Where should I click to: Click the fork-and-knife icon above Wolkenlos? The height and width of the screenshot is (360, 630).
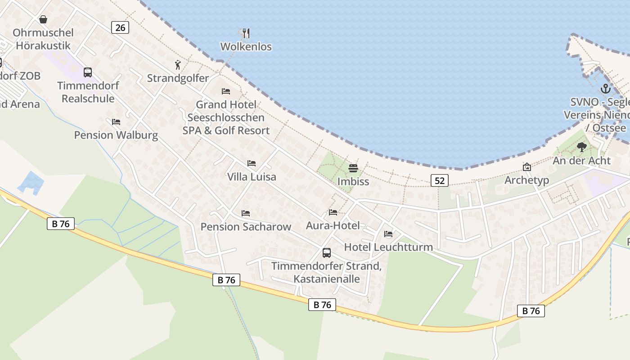point(246,33)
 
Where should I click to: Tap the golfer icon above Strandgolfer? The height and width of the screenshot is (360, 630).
point(178,65)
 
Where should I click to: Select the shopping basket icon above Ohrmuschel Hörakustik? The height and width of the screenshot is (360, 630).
point(43,19)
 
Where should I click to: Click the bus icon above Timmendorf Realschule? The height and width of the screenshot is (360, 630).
point(88,72)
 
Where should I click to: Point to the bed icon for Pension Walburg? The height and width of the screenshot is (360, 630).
point(116,121)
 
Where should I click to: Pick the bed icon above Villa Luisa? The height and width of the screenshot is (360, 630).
point(252,163)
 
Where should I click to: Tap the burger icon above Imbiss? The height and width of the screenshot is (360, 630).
point(353,168)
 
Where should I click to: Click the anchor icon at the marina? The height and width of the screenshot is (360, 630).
point(605,89)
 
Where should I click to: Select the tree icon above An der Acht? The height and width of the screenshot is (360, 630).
point(582,147)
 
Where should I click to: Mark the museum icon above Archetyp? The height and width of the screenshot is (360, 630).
point(527,167)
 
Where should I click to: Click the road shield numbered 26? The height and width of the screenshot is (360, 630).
point(120,27)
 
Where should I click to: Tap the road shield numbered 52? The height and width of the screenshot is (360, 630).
point(440,180)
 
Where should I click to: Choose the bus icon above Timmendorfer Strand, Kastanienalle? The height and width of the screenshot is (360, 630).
point(327,252)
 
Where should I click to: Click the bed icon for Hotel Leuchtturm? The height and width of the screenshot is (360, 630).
point(388,234)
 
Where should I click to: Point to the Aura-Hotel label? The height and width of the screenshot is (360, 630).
point(333,225)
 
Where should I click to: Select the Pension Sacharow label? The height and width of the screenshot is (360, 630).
point(246,226)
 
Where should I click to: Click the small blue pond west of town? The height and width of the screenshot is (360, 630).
point(31,182)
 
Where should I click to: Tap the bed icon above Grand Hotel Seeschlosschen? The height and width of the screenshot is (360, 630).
point(226,91)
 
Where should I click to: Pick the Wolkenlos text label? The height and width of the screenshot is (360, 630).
point(246,46)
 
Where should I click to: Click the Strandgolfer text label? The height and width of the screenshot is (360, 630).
point(178,78)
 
